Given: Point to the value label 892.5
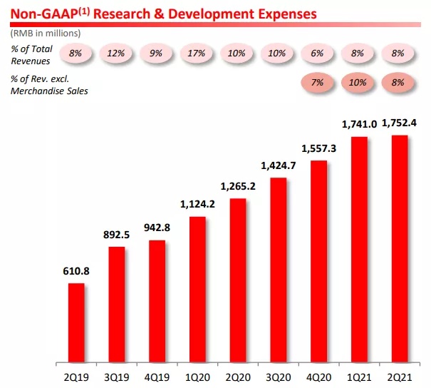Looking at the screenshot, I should click(117, 235).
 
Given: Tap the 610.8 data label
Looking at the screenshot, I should click(76, 272).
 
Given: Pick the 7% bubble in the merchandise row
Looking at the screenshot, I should click(318, 83).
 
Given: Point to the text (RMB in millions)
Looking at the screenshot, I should click(45, 33).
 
